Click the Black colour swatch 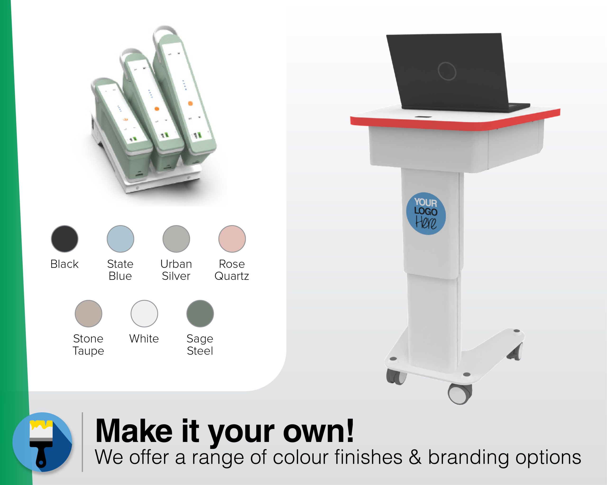tap(64, 239)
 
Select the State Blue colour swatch tap(120, 239)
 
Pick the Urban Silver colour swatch tap(176, 239)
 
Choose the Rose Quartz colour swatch tap(232, 239)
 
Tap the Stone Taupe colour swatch tap(88, 314)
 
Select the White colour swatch tap(144, 314)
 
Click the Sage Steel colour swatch tap(200, 314)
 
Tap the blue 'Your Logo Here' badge tap(426, 214)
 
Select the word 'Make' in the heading tap(134, 431)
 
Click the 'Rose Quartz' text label tap(232, 270)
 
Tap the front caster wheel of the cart tap(460, 394)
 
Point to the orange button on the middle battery tap(157, 108)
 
